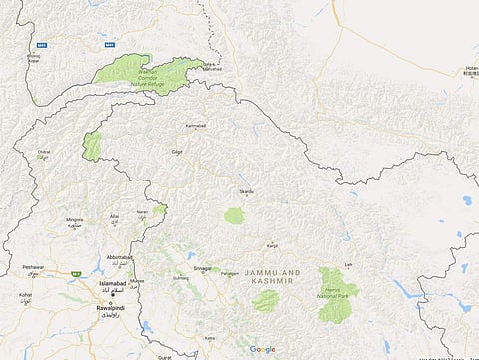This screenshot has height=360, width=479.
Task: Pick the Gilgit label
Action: coord(176,152)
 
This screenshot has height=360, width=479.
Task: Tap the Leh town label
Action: coord(348,264)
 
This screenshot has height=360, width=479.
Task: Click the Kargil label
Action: coord(271,243)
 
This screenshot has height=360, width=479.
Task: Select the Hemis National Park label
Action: coord(341,290)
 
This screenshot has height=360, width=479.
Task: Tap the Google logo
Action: coord(262,349)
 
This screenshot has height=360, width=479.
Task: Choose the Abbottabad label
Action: coord(119,257)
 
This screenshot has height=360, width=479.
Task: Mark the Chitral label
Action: coord(43,152)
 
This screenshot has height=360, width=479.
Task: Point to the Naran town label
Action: coord(142,212)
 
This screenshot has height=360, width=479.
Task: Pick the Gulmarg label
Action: coord(183,278)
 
